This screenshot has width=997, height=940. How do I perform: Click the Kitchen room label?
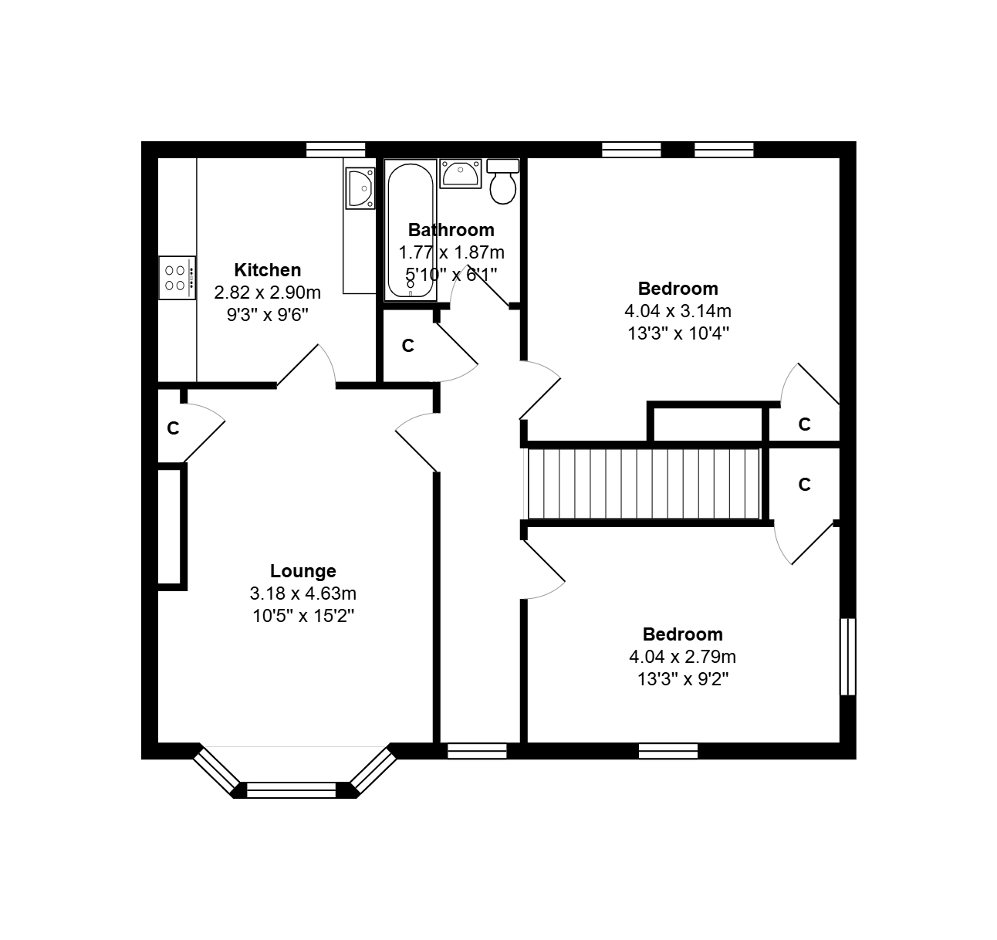tap(268, 270)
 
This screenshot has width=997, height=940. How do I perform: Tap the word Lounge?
tap(303, 571)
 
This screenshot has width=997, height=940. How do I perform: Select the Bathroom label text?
tap(451, 230)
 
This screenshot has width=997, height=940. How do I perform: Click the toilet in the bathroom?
tap(503, 182)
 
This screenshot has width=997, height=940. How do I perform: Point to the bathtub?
tap(411, 231)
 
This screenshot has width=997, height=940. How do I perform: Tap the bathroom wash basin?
tap(461, 174)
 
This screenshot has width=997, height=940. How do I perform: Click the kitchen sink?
tap(360, 188)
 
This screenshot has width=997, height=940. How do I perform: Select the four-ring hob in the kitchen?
tap(177, 278)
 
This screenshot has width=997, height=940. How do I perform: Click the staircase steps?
tap(644, 484)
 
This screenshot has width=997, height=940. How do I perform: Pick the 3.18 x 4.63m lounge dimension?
tap(303, 593)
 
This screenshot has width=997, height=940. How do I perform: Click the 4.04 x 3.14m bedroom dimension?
tap(678, 311)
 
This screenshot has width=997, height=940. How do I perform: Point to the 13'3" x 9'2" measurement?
tap(683, 679)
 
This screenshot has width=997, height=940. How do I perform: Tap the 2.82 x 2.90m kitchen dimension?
tap(268, 292)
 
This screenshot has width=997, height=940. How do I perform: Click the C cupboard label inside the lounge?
tap(173, 428)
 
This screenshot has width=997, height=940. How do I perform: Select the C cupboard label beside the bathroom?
tap(408, 346)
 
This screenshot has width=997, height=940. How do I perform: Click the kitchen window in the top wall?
tap(336, 150)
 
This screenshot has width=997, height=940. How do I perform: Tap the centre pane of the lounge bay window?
tap(292, 790)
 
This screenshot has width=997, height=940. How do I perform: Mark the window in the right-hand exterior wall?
tap(848, 656)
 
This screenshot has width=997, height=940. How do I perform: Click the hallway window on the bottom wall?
tap(477, 751)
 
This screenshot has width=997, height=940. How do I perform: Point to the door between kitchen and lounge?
tap(306, 366)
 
